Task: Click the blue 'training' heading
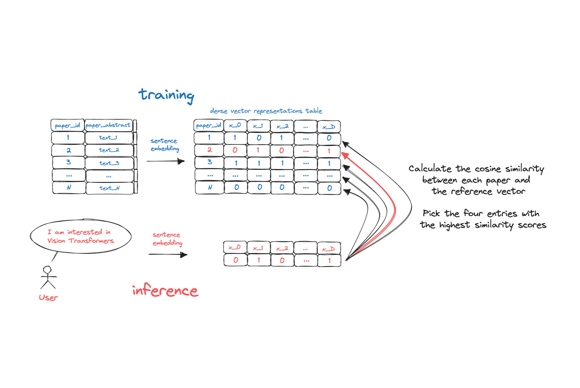tap(166, 95)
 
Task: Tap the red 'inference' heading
tap(165, 290)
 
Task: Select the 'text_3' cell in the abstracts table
tap(109, 163)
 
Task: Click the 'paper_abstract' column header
tap(108, 125)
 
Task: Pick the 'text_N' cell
tap(109, 188)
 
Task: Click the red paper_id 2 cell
tap(209, 150)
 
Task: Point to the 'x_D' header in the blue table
tap(329, 127)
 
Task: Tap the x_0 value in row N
tap(236, 187)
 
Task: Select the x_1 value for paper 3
tap(259, 163)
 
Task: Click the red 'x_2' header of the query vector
tap(282, 248)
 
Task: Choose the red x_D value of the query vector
tap(329, 260)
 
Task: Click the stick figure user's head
tap(47, 269)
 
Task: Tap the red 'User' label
tap(48, 297)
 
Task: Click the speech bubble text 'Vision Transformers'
tap(81, 241)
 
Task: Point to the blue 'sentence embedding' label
tap(165, 145)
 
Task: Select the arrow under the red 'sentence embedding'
tap(168, 255)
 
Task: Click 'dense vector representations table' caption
tap(266, 111)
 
